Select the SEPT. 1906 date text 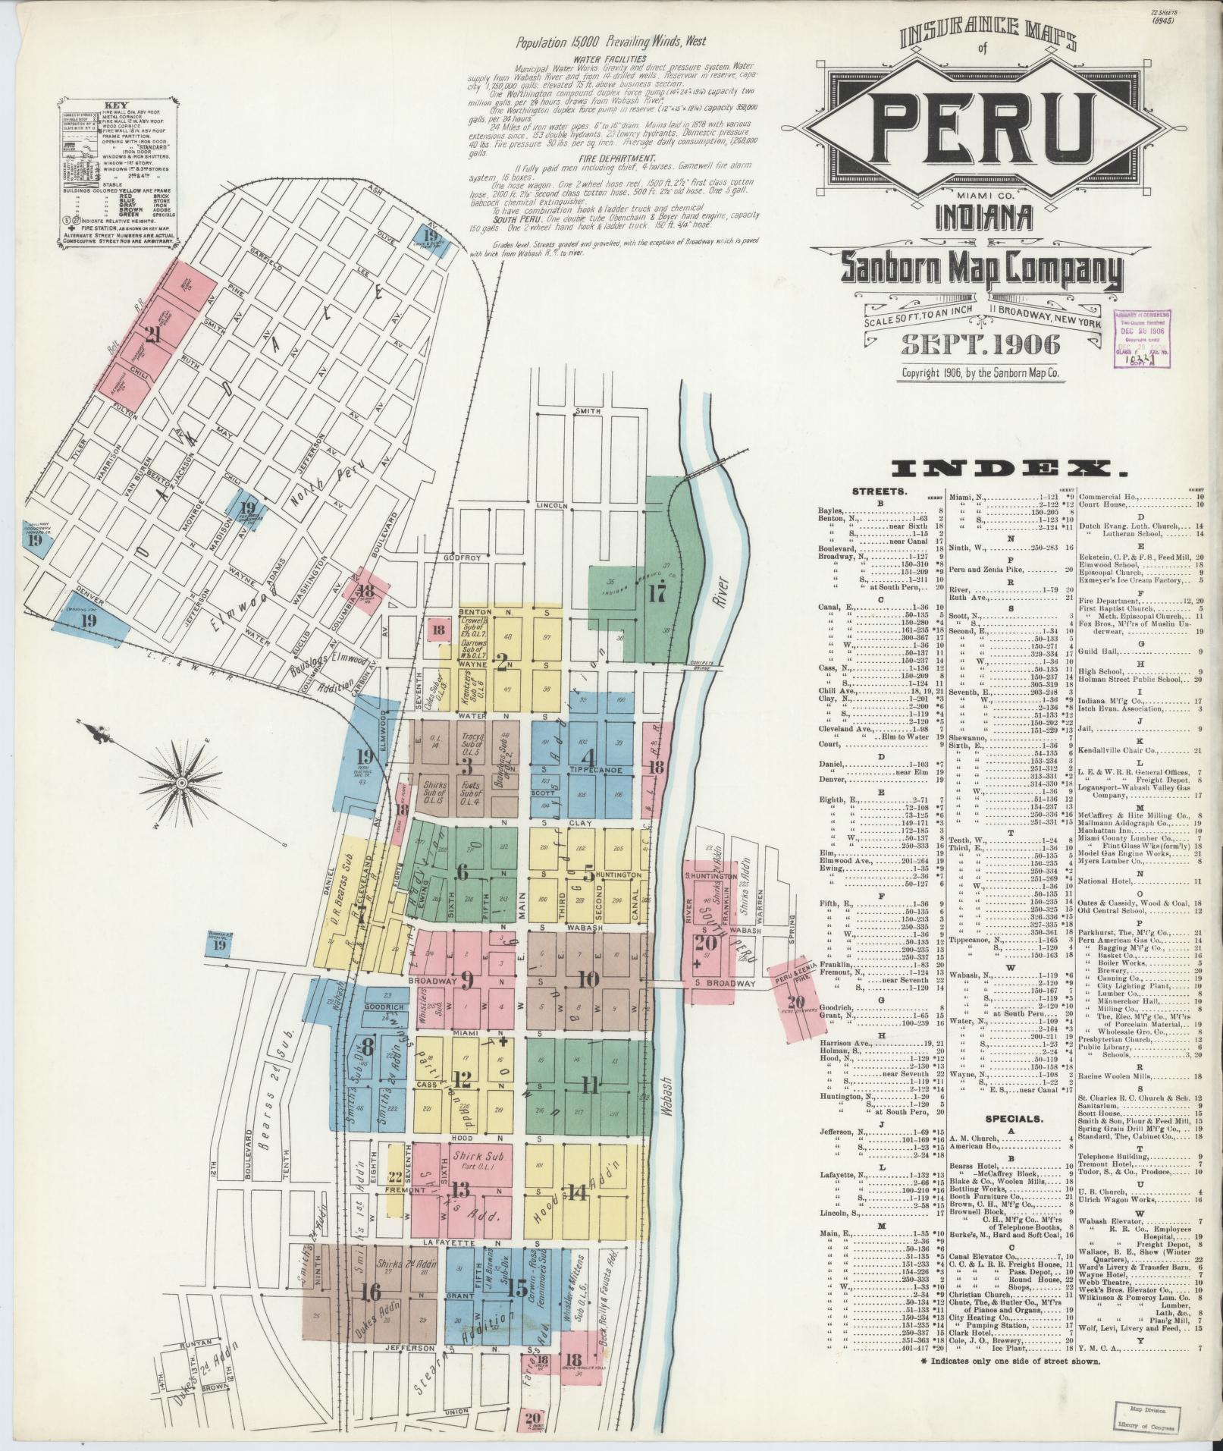click(x=979, y=344)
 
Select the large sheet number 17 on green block click(x=656, y=592)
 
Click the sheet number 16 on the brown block click(x=372, y=1291)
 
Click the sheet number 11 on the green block click(x=590, y=1085)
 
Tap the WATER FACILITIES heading click(x=610, y=58)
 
